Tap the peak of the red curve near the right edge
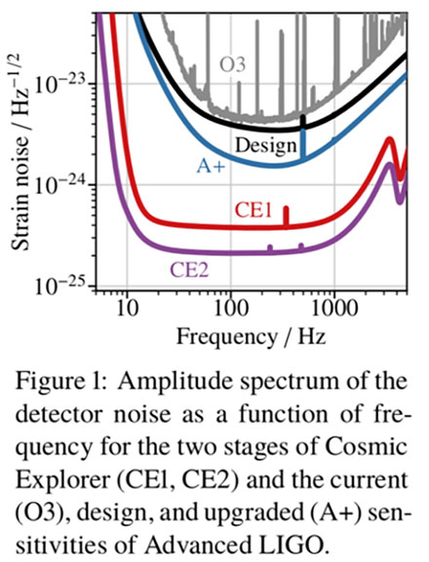pyautogui.click(x=390, y=139)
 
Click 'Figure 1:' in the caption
pyautogui.click(x=58, y=379)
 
